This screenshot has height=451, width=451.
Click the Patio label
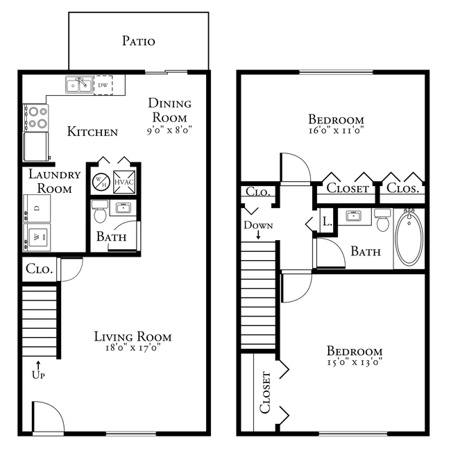click(138, 41)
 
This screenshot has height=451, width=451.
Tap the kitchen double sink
click(80, 85)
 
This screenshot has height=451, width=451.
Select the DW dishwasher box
click(103, 85)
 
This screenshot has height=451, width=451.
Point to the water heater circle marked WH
click(100, 181)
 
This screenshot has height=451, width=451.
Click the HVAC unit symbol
click(124, 181)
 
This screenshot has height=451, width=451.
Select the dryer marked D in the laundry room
click(36, 207)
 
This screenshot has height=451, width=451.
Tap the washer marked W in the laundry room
click(36, 237)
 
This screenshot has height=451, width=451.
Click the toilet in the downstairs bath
click(100, 208)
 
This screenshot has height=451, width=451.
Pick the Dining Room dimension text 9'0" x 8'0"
click(169, 129)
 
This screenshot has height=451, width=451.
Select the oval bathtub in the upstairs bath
click(408, 238)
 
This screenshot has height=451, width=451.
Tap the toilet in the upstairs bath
click(382, 221)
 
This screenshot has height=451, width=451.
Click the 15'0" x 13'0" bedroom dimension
click(355, 362)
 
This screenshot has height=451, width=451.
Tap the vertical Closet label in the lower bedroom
click(265, 391)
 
